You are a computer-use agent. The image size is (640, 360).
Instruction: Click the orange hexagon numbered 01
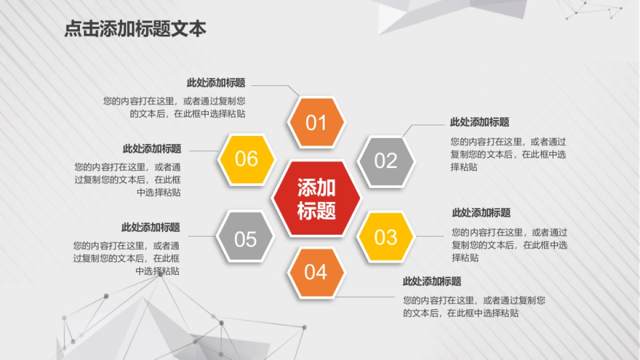pos(316,123)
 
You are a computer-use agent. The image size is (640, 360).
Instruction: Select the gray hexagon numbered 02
pos(386,161)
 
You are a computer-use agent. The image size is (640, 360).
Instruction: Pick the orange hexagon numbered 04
pos(316,273)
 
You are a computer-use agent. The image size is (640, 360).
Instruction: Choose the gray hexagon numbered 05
pos(245,239)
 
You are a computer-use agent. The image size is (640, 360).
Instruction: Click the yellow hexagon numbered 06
pos(246,159)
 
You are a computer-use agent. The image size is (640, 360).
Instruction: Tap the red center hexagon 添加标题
pos(316,198)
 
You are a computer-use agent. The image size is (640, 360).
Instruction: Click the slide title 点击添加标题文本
pos(135,29)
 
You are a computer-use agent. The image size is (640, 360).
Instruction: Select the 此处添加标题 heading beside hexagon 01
pos(216,83)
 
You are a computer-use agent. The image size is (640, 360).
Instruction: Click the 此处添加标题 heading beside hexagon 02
pos(479,122)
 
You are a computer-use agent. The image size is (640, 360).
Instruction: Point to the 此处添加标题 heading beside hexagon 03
pos(481,213)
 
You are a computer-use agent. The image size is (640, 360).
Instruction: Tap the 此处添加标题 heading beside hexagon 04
pos(431,282)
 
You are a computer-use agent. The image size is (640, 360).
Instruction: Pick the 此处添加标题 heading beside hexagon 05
pos(150,227)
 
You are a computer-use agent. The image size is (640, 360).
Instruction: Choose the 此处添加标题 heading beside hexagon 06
pos(152,149)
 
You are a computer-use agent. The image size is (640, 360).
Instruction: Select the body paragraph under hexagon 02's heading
pos(508,154)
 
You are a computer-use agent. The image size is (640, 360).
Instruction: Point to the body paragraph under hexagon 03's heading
pos(509,245)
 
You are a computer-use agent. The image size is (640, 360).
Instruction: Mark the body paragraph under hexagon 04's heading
pos(474,307)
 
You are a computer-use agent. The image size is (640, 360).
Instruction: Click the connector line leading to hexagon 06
pos(204,151)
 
